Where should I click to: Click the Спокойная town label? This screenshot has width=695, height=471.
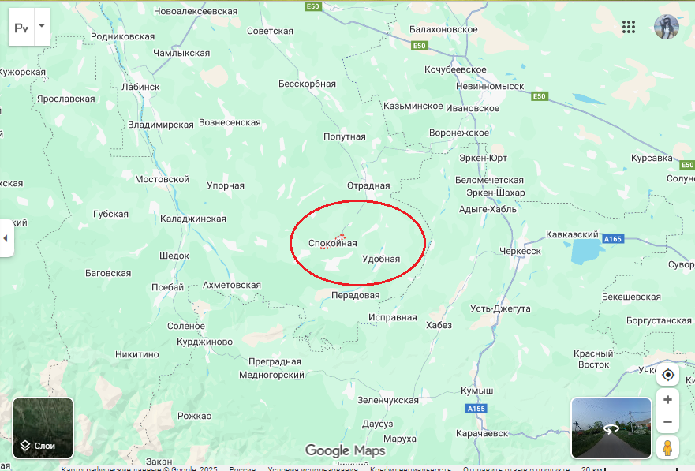[332, 243]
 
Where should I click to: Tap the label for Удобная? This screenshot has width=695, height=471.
[381, 259]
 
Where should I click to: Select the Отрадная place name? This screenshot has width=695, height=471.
[368, 186]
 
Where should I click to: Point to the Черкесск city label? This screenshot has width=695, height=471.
[520, 251]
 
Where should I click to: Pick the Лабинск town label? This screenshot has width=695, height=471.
[140, 87]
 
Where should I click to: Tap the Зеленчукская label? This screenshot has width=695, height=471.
[387, 400]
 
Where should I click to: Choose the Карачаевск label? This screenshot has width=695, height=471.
[482, 433]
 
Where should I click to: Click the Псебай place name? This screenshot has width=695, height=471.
[167, 287]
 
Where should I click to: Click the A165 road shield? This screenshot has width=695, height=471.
[613, 238]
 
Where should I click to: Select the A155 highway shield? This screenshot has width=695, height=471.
[476, 409]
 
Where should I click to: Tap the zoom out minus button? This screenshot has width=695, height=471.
[667, 421]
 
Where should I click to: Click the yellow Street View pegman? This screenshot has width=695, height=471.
[667, 448]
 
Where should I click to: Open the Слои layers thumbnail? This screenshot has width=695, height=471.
[43, 428]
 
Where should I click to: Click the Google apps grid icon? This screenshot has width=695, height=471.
[629, 27]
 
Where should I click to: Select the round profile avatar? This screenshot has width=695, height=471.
[667, 27]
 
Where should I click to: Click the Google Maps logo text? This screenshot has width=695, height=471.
[345, 450]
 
